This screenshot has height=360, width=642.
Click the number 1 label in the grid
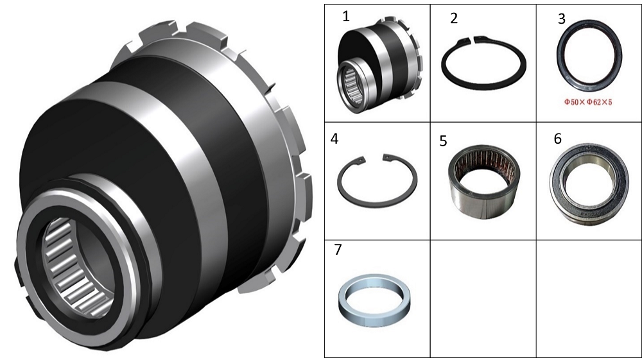[346, 17]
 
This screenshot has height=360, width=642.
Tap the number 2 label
[454, 19]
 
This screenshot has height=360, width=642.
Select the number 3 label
[562, 19]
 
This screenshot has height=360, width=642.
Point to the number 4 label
[334, 139]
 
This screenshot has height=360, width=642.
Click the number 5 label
[443, 141]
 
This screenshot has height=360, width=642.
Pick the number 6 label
[557, 139]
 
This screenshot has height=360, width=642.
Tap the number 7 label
[338, 250]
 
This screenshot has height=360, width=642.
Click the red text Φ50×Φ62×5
[588, 102]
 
